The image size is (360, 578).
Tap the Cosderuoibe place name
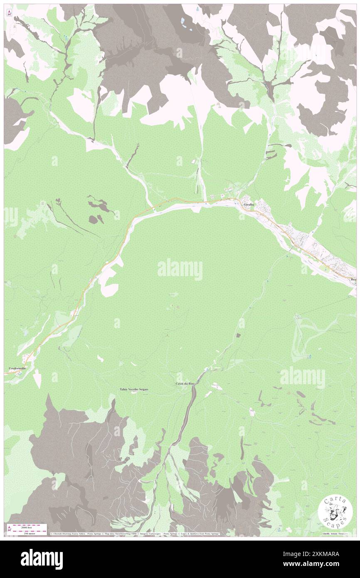tap(17, 368)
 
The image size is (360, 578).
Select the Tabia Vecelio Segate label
tap(134, 389)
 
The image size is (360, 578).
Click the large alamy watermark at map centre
tap(180, 269)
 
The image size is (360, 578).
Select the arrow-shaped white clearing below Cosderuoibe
tap(37, 378)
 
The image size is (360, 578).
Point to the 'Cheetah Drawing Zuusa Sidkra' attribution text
tap(69, 534)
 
